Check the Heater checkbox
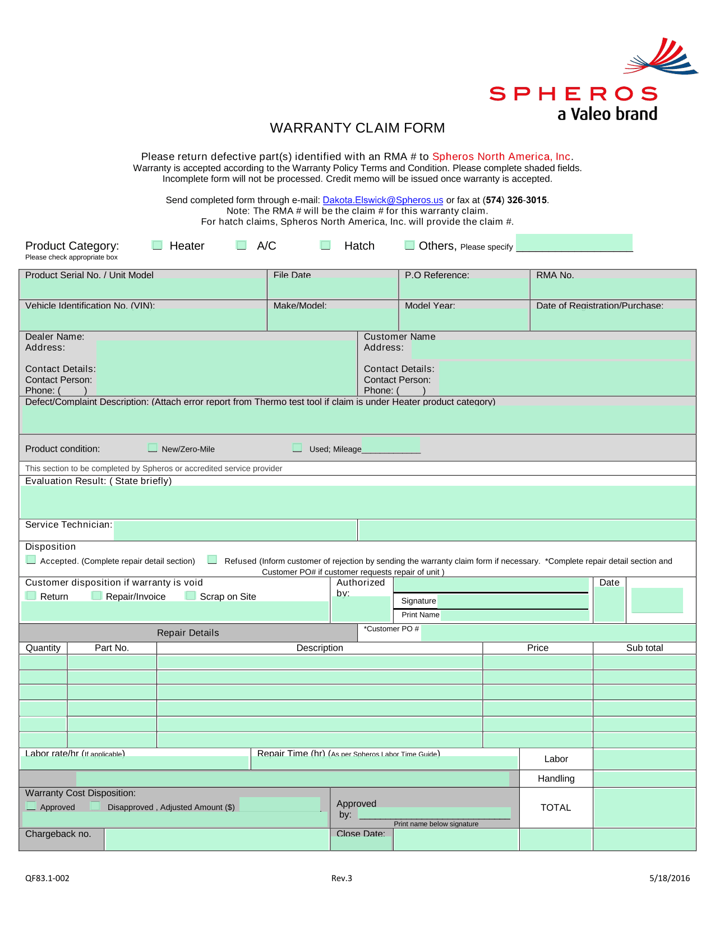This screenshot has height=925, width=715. (158, 245)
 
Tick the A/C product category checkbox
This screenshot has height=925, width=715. (242, 245)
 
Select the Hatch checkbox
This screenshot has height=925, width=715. (325, 245)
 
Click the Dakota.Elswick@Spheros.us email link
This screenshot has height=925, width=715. (382, 200)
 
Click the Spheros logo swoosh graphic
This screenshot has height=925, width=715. (662, 57)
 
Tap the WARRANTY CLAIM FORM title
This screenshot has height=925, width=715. (357, 128)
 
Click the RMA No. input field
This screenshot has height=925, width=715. (613, 289)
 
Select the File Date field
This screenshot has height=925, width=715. (333, 289)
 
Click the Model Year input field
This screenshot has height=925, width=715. (464, 320)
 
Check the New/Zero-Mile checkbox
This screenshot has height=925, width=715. (153, 448)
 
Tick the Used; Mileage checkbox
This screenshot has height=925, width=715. (297, 448)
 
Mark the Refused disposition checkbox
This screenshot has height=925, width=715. (212, 560)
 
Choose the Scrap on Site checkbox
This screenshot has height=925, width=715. (191, 596)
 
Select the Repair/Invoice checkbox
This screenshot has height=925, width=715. (97, 596)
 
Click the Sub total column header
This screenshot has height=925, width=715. (644, 648)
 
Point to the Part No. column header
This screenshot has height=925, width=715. (112, 648)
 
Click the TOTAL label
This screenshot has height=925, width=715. (555, 808)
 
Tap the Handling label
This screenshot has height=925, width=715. (556, 779)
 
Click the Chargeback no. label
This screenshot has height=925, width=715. (58, 834)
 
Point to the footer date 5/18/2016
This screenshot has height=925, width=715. (670, 878)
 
